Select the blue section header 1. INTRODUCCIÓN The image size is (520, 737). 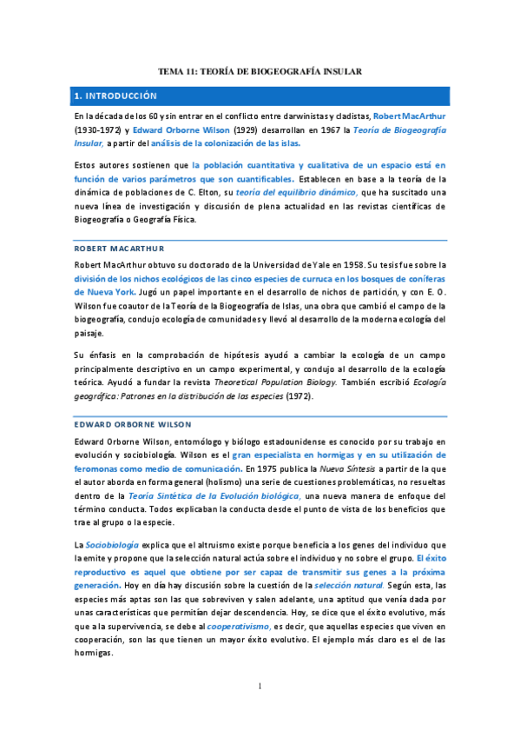[115, 96]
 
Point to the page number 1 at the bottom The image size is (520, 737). [260, 687]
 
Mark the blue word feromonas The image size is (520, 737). [99, 470]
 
